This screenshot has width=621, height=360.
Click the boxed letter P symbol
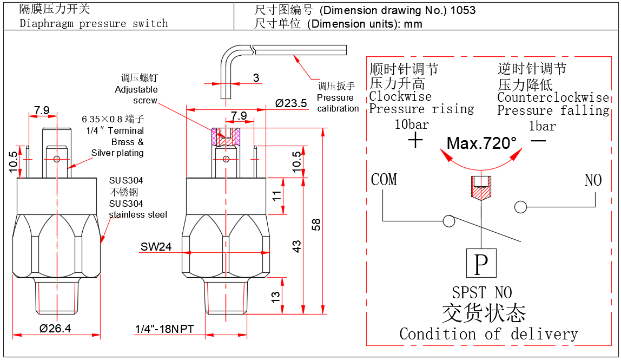[x=481, y=264]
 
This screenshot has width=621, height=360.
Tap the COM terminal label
[x=384, y=180]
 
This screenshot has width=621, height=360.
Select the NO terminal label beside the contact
[x=593, y=180]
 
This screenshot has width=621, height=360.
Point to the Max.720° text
[x=481, y=143]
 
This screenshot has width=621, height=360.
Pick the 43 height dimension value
[x=296, y=246]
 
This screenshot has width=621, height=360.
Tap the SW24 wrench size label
[x=156, y=247]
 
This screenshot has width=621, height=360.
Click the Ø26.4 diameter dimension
[x=56, y=329]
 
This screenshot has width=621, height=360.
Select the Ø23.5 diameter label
[x=290, y=103]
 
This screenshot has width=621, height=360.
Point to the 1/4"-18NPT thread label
[x=164, y=329]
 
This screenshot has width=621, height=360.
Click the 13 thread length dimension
[x=276, y=297]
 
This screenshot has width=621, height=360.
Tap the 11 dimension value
[x=276, y=196]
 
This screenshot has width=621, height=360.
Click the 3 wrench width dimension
[x=256, y=77]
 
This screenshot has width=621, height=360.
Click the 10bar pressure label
[x=412, y=125]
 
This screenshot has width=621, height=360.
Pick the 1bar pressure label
[x=542, y=126]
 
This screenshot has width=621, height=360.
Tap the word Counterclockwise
[x=553, y=97]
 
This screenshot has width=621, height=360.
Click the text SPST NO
[x=481, y=293]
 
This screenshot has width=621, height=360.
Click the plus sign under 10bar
[x=415, y=141]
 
